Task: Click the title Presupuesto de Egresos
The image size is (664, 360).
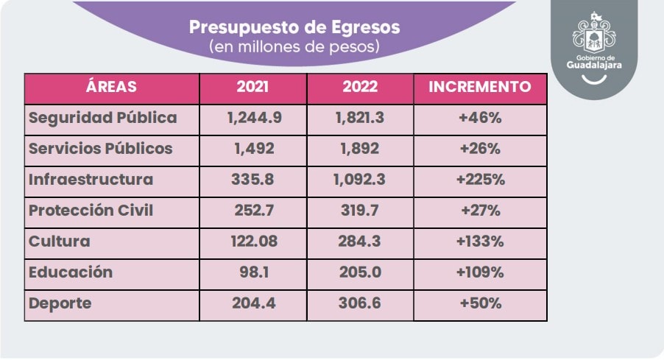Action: (294, 27)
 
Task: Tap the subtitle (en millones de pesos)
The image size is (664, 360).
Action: (294, 46)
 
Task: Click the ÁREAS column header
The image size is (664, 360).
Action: (111, 86)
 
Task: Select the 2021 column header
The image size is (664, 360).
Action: (252, 87)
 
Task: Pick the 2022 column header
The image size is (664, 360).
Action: (360, 87)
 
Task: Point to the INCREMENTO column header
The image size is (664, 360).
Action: (480, 87)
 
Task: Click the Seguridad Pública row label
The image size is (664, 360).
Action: (103, 118)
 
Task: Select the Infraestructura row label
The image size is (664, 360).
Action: (91, 179)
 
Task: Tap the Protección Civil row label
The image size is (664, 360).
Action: (91, 210)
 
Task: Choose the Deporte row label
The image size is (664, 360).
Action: (60, 303)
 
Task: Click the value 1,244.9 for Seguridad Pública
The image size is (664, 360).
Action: (254, 118)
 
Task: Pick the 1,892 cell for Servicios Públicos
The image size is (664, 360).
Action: (359, 149)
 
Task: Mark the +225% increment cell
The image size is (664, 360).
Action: (481, 180)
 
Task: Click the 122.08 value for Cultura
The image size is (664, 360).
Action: (254, 241)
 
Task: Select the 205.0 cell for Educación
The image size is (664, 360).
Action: (360, 272)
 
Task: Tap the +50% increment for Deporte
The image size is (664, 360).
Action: (481, 303)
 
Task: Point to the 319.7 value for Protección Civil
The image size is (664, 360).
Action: (359, 211)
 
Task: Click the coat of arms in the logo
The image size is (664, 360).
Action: (594, 32)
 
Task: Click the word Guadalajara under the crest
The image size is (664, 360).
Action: (594, 66)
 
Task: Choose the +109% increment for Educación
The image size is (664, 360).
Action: (480, 272)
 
